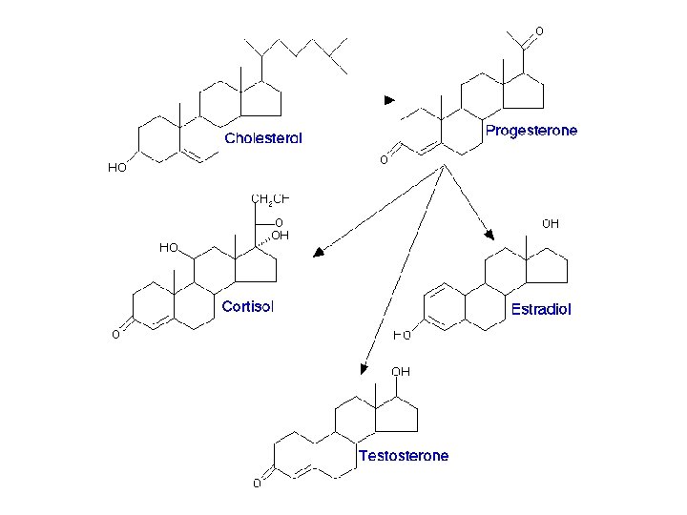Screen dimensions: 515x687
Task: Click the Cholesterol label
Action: coord(263,138)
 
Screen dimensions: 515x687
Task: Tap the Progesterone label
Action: coord(531,131)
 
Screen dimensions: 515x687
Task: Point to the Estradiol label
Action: coord(541,310)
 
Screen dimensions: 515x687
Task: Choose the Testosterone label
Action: coord(403,456)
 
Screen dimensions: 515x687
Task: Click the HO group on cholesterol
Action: coord(116,168)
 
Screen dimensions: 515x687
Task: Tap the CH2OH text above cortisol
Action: coord(269,198)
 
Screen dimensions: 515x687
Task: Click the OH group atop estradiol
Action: coord(551,224)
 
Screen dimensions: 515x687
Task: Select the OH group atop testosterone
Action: coord(401,371)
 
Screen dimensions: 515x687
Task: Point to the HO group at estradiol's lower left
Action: coord(403,335)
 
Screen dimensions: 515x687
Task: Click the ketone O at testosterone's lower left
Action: coord(257,484)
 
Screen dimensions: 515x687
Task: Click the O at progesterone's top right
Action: coord(539,31)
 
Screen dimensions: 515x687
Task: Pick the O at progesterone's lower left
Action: coord(384,160)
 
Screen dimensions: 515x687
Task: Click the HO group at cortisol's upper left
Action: coord(169,247)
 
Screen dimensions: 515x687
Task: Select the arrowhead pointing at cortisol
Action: coord(320,253)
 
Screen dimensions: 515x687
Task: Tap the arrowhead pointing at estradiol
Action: coord(489,233)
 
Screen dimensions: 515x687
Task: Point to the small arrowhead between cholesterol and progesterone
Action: coord(388,99)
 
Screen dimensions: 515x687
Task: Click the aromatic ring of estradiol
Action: coord(443,304)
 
